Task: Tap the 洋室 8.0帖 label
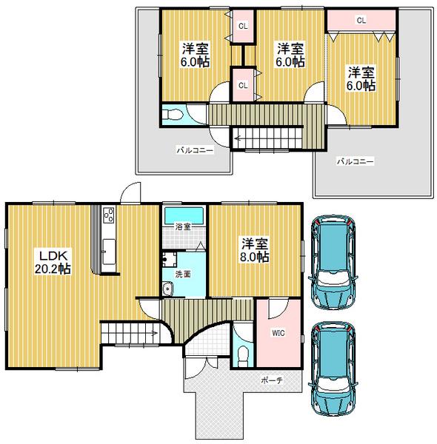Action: (x=254, y=249)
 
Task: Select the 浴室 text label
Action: (x=183, y=226)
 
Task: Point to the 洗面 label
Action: (x=182, y=274)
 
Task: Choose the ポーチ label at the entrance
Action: (x=270, y=379)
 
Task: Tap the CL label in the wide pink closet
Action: (x=361, y=21)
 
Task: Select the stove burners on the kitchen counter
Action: (x=108, y=215)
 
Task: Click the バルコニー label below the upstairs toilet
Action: (x=194, y=150)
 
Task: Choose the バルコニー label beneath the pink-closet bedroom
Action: (x=355, y=161)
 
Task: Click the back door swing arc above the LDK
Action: (x=130, y=191)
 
